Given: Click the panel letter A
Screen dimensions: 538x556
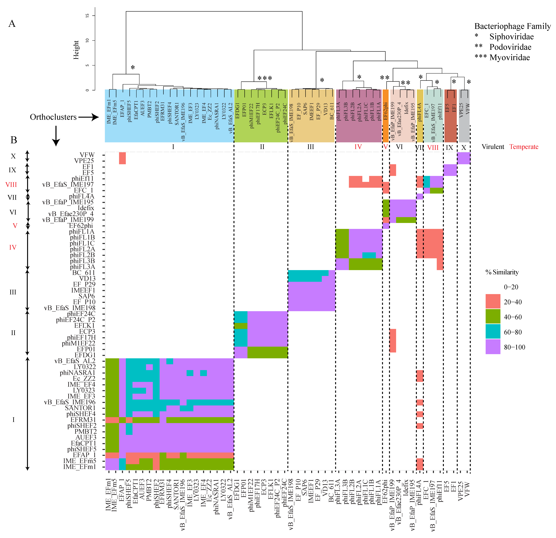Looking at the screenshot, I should point(12,24).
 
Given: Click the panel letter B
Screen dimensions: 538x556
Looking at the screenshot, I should point(14,140).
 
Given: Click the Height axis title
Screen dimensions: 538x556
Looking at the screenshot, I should point(76,50).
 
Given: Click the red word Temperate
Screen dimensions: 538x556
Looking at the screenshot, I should point(524,147).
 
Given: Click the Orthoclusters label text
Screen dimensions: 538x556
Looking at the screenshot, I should point(53,117).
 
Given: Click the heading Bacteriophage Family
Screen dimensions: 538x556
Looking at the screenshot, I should point(512,26).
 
